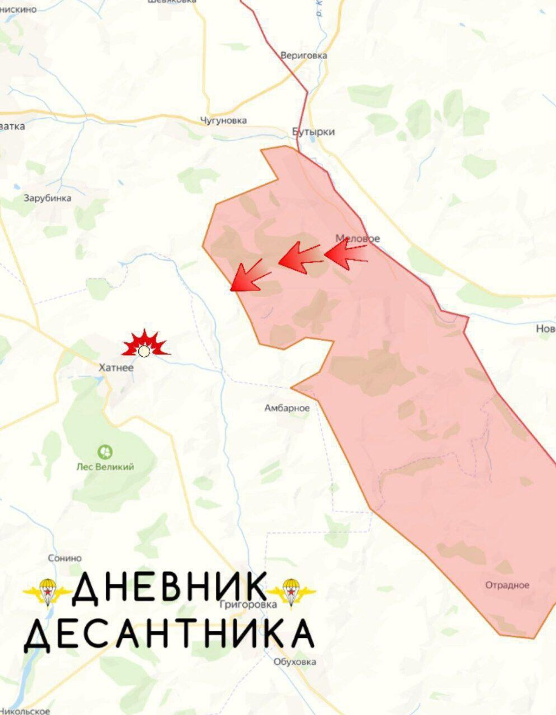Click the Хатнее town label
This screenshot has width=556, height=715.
click(x=116, y=368)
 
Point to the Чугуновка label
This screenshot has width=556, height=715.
click(x=224, y=120)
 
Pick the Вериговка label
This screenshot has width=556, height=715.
click(x=304, y=55)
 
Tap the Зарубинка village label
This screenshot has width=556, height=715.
click(x=47, y=198)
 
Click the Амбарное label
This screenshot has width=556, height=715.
click(x=287, y=408)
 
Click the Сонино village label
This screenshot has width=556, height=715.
click(x=65, y=558)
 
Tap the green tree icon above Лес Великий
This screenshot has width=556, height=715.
click(x=105, y=452)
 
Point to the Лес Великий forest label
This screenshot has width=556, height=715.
click(x=105, y=467)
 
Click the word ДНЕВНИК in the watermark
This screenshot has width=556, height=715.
click(x=170, y=588)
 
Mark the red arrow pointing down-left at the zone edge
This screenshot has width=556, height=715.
click(x=249, y=276)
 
